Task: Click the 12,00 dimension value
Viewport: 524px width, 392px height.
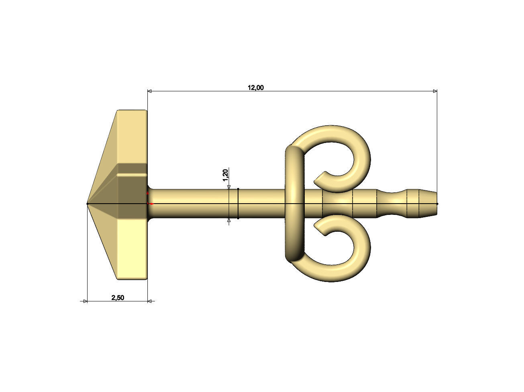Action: (255, 88)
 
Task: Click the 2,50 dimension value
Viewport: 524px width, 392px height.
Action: (118, 298)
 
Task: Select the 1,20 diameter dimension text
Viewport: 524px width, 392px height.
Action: (225, 175)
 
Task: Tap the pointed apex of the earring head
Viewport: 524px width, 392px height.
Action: (88, 204)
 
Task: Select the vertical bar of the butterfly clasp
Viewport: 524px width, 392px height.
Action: (295, 203)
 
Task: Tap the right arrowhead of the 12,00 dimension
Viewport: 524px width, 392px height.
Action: (434, 92)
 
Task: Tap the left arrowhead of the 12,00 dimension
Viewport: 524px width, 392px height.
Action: (150, 92)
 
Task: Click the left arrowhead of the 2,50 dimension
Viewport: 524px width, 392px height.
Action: (85, 301)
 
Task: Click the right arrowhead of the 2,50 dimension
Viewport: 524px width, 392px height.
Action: (150, 301)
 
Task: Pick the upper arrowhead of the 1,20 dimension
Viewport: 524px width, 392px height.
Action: (229, 187)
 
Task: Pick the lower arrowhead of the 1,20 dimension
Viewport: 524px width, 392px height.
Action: (229, 220)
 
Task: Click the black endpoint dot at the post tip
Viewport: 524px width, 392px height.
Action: (437, 204)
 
